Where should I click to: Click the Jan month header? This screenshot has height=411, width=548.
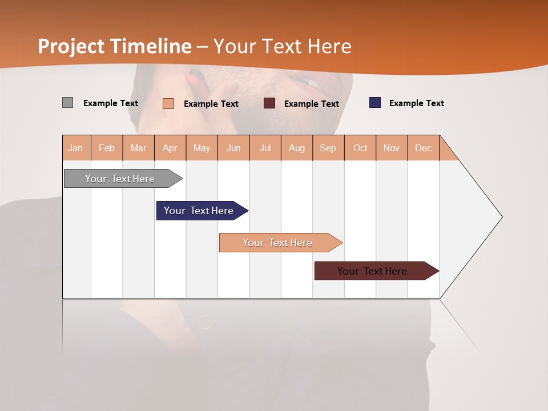pos(76,148)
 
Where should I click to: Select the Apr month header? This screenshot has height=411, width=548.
pos(170,148)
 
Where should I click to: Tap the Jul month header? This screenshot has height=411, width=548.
pos(265,148)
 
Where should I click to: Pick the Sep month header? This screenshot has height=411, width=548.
pos(328,148)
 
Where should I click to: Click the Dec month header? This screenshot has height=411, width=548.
pos(423,148)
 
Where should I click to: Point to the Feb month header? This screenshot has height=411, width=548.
pos(107,148)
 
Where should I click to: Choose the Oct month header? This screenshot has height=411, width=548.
pos(360,148)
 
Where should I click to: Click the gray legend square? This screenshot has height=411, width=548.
pos(67,103)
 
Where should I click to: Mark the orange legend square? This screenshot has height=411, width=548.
pos(168,103)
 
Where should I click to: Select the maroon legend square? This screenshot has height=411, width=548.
pos(269,103)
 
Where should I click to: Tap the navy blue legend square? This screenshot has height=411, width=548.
pos(375,103)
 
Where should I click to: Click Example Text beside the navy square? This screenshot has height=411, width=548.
pos(416,103)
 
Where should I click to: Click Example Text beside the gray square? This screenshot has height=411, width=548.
pos(110,103)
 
